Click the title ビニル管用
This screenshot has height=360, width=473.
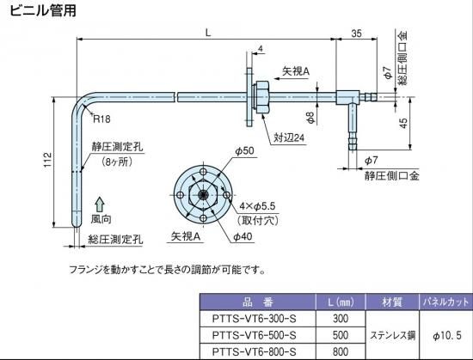(x=43, y=10)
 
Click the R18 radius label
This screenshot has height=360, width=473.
(x=101, y=119)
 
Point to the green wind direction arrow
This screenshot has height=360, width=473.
(x=100, y=204)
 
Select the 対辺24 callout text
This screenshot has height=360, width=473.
(x=289, y=138)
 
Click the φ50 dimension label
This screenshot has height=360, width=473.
(x=244, y=151)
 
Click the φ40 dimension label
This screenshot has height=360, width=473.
(x=243, y=237)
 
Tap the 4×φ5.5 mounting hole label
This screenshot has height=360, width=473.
(x=257, y=206)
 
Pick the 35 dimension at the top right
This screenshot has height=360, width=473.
(x=356, y=34)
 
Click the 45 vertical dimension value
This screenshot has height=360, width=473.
(x=403, y=123)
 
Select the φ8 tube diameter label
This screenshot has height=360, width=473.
(x=310, y=118)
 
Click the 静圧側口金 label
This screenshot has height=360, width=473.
(x=392, y=175)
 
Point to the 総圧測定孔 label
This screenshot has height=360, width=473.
(x=115, y=240)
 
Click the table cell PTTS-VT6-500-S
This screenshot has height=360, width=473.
(x=254, y=335)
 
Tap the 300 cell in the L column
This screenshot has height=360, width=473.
(x=341, y=319)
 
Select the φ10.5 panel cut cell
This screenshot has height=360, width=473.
(x=447, y=335)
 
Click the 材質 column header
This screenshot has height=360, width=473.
(x=392, y=302)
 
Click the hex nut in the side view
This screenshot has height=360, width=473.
(x=261, y=97)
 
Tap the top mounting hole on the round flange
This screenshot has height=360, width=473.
(x=204, y=172)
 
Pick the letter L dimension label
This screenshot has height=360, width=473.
(x=208, y=33)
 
